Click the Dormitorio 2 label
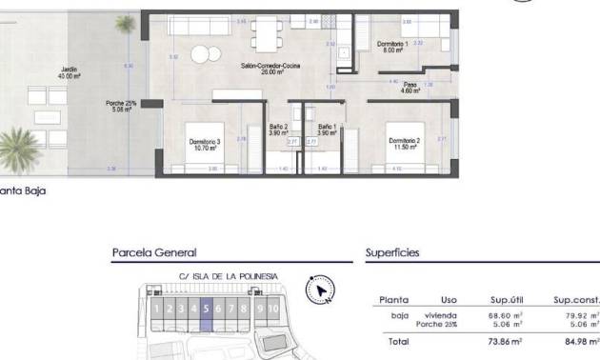click(404, 142)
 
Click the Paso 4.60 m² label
click(410, 88)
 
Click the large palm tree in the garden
click(21, 149)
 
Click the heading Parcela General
click(154, 252)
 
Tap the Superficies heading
click(392, 252)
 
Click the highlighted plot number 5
click(207, 309)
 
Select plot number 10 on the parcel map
click(274, 309)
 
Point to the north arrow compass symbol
click(319, 289)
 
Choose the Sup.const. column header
click(577, 299)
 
